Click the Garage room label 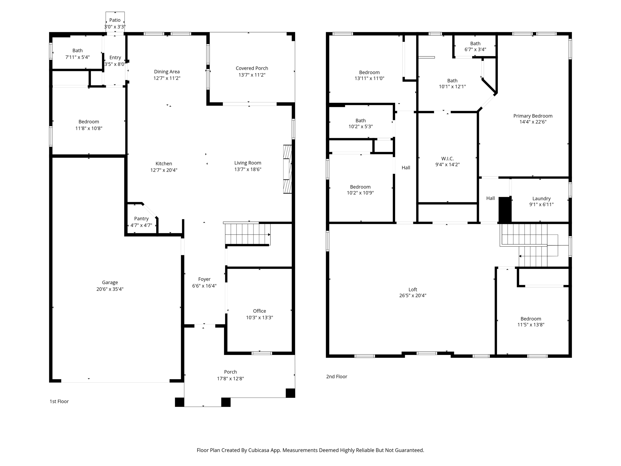pyautogui.click(x=110, y=282)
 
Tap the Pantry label pyautogui.click(x=141, y=218)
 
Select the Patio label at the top pyautogui.click(x=115, y=20)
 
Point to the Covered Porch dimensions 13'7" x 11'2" pyautogui.click(x=252, y=75)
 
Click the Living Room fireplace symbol pyautogui.click(x=287, y=169)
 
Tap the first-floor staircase pyautogui.click(x=247, y=234)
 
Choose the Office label pyautogui.click(x=260, y=311)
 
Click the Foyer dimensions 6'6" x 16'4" pyautogui.click(x=204, y=286)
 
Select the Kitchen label pyautogui.click(x=164, y=164)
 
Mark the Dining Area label pyautogui.click(x=167, y=72)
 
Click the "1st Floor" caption pyautogui.click(x=59, y=401)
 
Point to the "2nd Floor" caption pyautogui.click(x=337, y=377)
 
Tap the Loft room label pyautogui.click(x=413, y=289)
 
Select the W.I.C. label pyautogui.click(x=448, y=159)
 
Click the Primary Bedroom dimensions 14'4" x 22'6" pyautogui.click(x=533, y=122)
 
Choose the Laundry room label pyautogui.click(x=542, y=199)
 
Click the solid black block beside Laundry pyautogui.click(x=505, y=210)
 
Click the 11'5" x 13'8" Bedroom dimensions pyautogui.click(x=531, y=325)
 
